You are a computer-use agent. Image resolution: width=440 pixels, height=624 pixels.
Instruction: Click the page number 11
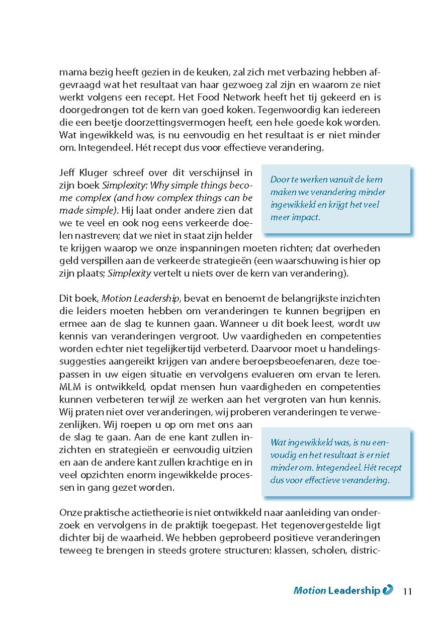pyautogui.click(x=407, y=591)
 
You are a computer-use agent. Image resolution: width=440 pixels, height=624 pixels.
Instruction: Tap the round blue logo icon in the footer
pyautogui.click(x=388, y=590)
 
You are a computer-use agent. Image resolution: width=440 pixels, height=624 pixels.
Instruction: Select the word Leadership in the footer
pyautogui.click(x=354, y=591)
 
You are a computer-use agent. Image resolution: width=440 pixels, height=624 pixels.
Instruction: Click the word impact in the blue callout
pyautogui.click(x=307, y=217)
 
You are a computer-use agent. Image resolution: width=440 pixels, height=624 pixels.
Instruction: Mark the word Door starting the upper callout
pyautogui.click(x=279, y=180)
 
